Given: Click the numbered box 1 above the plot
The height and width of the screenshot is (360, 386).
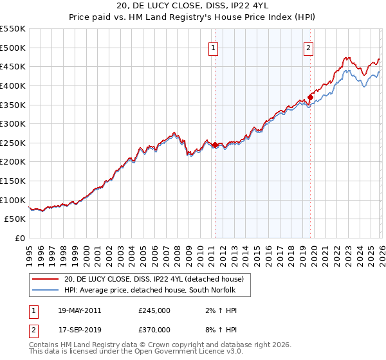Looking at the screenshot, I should [x=213, y=47].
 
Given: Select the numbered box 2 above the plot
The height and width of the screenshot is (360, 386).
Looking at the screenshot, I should [x=309, y=47].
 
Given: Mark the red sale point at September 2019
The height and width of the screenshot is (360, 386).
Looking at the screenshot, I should [x=309, y=97].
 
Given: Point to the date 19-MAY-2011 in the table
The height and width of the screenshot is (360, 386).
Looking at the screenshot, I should [x=79, y=310].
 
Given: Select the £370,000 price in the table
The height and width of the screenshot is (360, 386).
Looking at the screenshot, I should [x=154, y=329].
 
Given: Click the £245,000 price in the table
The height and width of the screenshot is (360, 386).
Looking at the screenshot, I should [x=154, y=310].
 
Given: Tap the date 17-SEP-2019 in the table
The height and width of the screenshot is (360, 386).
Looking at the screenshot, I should [x=78, y=329].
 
